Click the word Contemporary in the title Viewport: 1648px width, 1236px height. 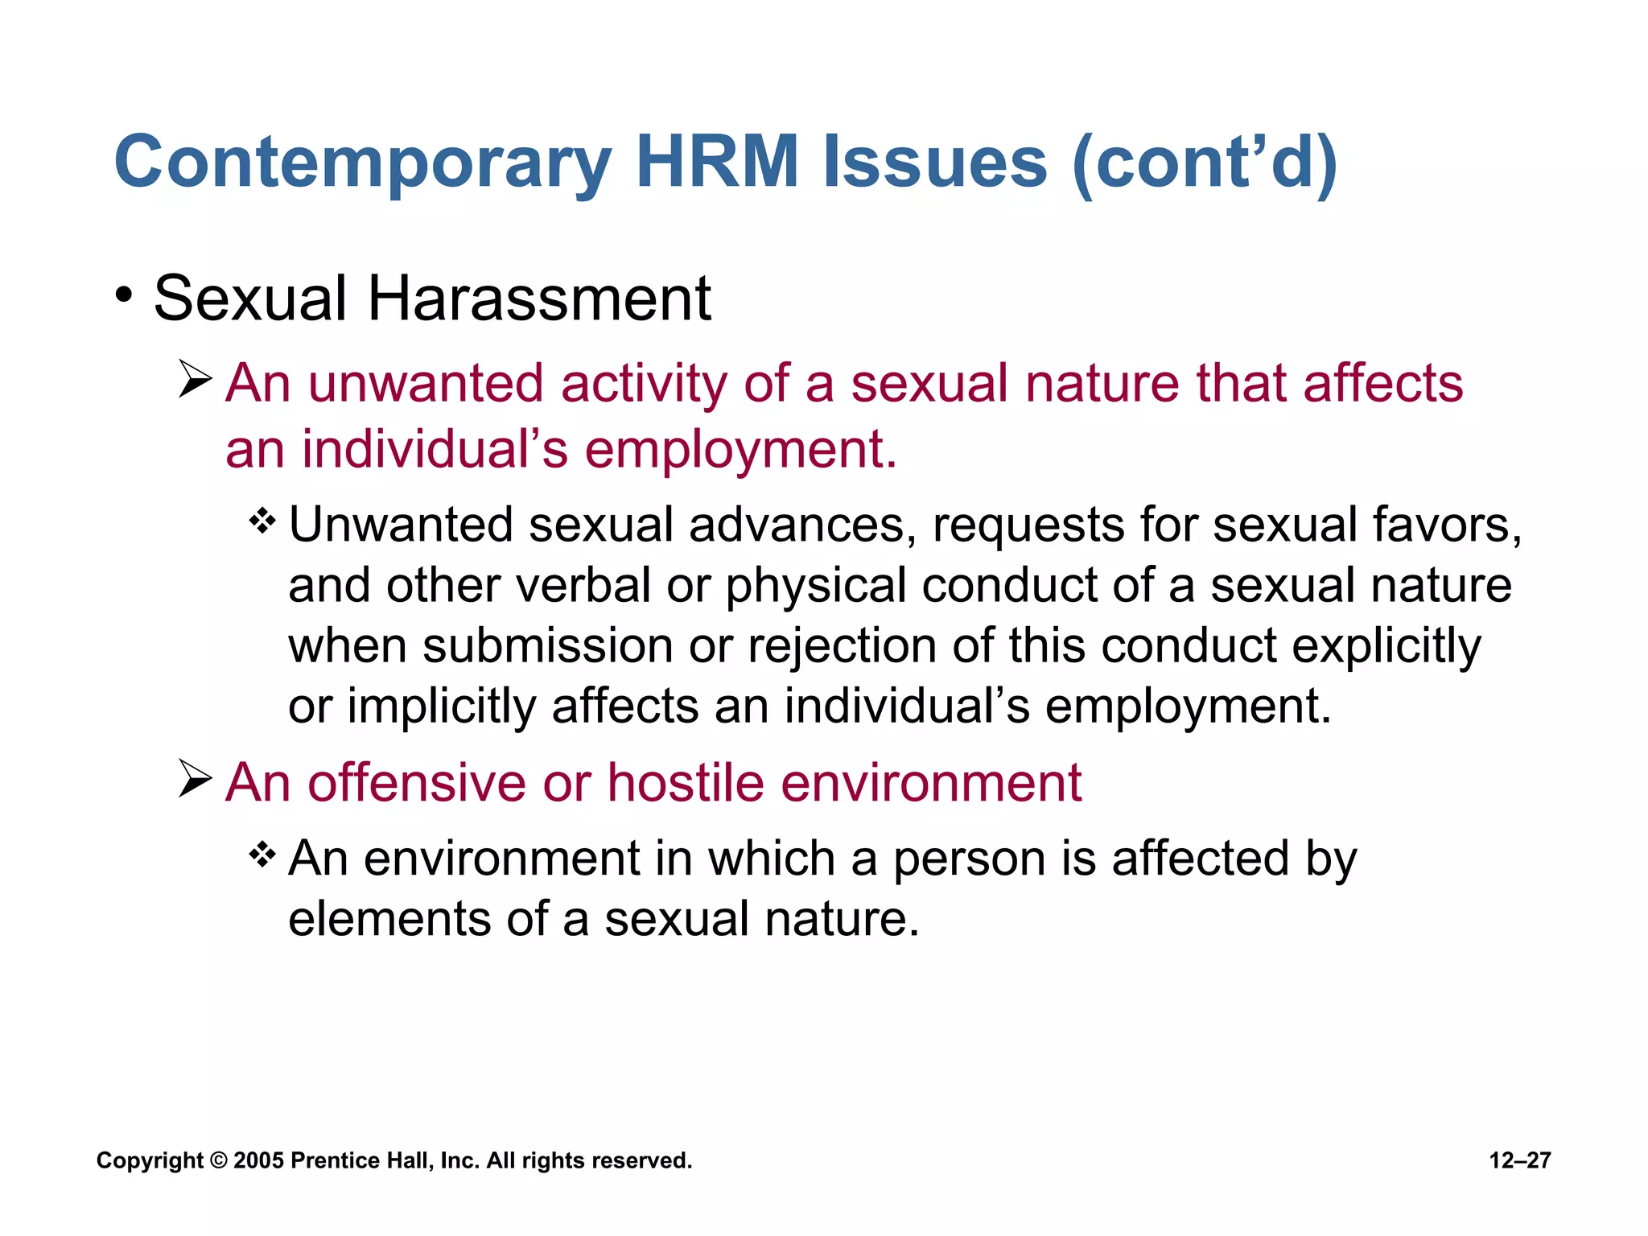[363, 163]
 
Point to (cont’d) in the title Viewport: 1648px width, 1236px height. [1205, 163]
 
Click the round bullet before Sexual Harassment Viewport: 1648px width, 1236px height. [123, 295]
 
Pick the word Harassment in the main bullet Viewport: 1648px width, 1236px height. [539, 299]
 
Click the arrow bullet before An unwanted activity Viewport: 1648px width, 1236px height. [195, 380]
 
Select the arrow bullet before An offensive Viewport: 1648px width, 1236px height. [195, 779]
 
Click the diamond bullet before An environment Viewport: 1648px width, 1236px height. [262, 855]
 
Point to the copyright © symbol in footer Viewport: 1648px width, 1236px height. [218, 1160]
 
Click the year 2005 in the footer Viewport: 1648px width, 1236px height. [258, 1160]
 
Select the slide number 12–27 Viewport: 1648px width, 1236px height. [1519, 1160]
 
